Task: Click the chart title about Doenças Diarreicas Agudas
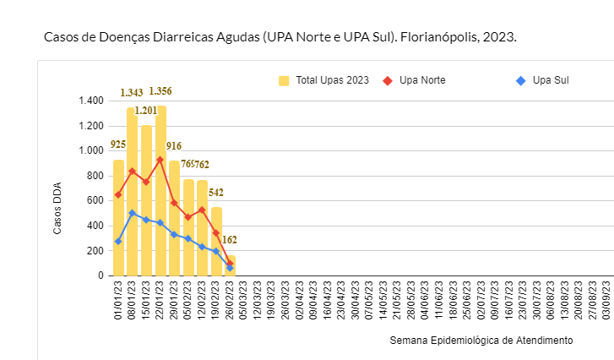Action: point(280,38)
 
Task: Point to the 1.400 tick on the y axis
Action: point(90,101)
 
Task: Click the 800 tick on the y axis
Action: point(95,176)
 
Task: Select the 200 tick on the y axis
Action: point(95,251)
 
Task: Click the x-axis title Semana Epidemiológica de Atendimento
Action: point(481,341)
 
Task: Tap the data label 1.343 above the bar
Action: point(132,93)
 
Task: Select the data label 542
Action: point(216,193)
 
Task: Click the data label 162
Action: point(230,240)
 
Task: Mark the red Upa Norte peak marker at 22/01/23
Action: point(160,160)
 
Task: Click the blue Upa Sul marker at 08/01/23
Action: point(133,213)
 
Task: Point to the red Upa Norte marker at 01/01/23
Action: point(118,195)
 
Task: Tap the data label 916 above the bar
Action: point(174,146)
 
